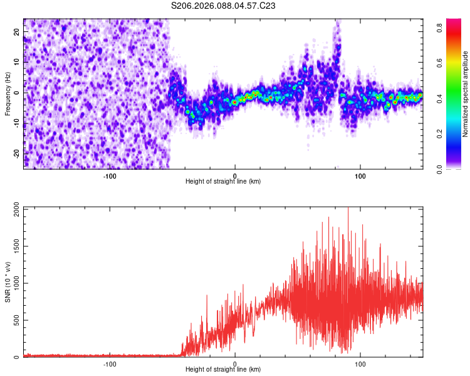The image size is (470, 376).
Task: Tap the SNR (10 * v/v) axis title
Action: (8, 281)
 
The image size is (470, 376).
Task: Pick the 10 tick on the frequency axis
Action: (17, 62)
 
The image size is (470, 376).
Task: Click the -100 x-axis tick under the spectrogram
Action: (110, 175)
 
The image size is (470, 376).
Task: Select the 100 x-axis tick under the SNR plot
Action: (361, 363)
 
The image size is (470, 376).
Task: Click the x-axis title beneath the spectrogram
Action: (223, 182)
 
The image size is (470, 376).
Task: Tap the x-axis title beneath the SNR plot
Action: (223, 370)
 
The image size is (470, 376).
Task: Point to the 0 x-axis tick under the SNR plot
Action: (235, 363)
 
